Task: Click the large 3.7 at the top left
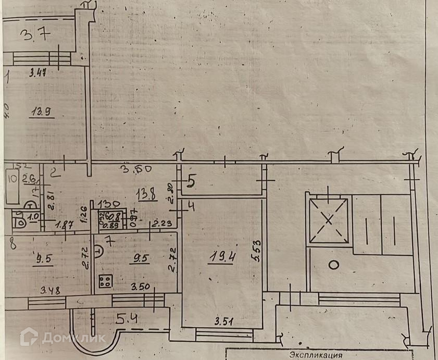point(36,36)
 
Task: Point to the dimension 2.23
point(161,225)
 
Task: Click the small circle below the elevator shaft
point(333,265)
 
